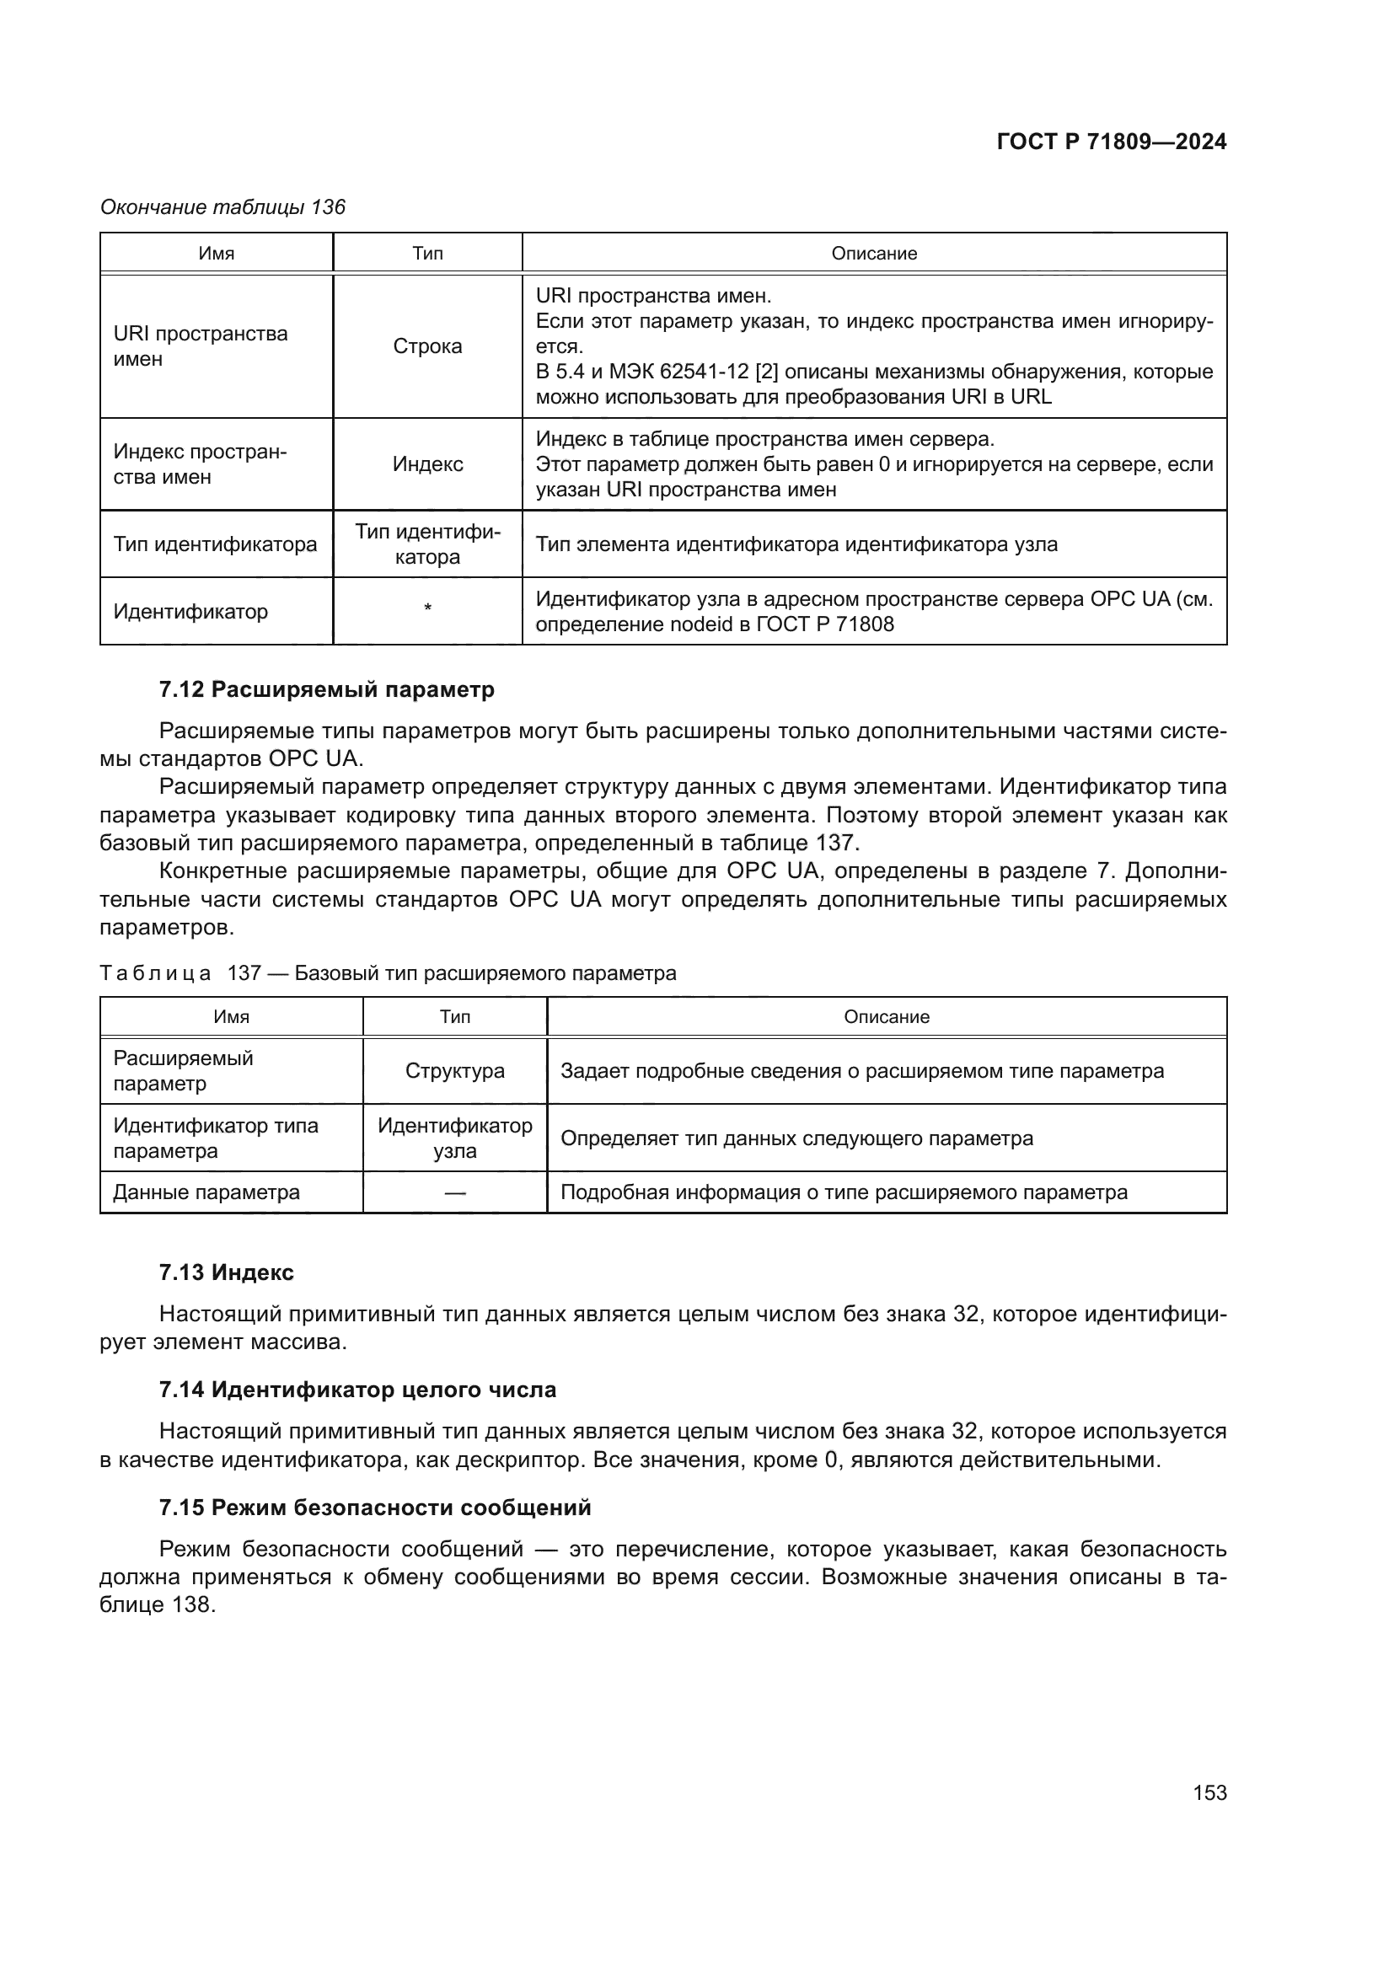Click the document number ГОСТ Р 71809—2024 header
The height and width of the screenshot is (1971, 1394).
tap(1111, 142)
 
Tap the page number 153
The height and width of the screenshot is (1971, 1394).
tap(1209, 1792)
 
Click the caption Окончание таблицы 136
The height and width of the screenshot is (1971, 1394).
tap(223, 207)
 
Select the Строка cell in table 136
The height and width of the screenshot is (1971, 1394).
tap(427, 346)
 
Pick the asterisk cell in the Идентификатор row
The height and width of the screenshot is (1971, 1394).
tap(427, 609)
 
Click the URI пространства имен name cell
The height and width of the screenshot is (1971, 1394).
tap(201, 346)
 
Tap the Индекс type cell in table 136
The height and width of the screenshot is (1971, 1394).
tap(427, 464)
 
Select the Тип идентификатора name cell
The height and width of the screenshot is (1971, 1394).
tap(216, 544)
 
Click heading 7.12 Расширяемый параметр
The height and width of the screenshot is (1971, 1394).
tap(326, 689)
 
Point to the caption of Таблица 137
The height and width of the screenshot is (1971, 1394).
tap(388, 972)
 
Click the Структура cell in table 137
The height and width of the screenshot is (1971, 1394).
tap(455, 1070)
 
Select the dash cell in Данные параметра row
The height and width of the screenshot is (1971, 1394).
tap(455, 1192)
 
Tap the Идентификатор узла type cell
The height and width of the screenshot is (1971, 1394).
tap(455, 1138)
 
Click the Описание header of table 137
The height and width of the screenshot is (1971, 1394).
tap(886, 1016)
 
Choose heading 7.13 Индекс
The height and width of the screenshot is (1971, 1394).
tap(226, 1272)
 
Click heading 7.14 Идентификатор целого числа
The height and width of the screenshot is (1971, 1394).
tap(357, 1389)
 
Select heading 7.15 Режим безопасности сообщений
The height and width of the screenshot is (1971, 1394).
tap(375, 1507)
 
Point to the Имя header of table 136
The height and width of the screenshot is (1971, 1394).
tap(217, 254)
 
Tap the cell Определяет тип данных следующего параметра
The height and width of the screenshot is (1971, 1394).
tap(796, 1138)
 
